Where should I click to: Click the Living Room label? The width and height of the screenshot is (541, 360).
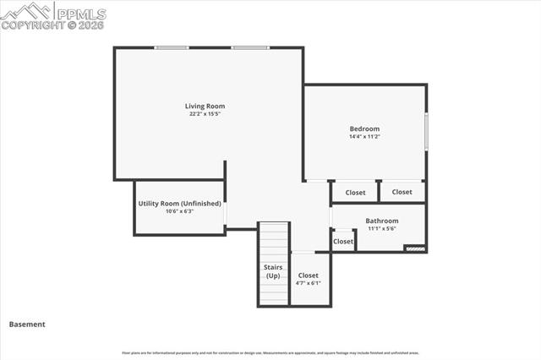(x=205, y=106)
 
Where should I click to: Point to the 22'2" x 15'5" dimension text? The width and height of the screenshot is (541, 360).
(x=205, y=114)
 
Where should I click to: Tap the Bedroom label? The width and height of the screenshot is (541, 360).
(x=364, y=128)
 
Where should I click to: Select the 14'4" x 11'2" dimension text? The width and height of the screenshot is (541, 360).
(x=364, y=137)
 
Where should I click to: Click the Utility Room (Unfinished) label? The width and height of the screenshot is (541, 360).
(x=179, y=204)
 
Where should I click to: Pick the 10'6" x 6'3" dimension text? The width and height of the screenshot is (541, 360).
(x=179, y=211)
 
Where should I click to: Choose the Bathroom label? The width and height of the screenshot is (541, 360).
(x=381, y=221)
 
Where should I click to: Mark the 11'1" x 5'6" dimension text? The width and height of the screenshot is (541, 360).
(x=381, y=228)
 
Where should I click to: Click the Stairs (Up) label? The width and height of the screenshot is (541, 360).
(x=273, y=272)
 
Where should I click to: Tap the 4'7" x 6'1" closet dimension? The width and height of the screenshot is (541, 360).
(x=309, y=283)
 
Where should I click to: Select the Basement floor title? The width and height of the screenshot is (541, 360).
(x=27, y=324)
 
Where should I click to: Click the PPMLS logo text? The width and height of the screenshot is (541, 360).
(x=81, y=14)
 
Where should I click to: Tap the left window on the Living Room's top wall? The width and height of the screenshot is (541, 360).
(x=171, y=47)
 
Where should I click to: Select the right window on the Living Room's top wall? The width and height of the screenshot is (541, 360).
(x=250, y=47)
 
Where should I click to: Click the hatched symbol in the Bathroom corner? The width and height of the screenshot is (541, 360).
(x=413, y=248)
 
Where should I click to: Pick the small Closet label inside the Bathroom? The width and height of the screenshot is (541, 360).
(x=343, y=242)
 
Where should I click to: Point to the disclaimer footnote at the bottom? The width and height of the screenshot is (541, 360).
(x=270, y=352)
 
